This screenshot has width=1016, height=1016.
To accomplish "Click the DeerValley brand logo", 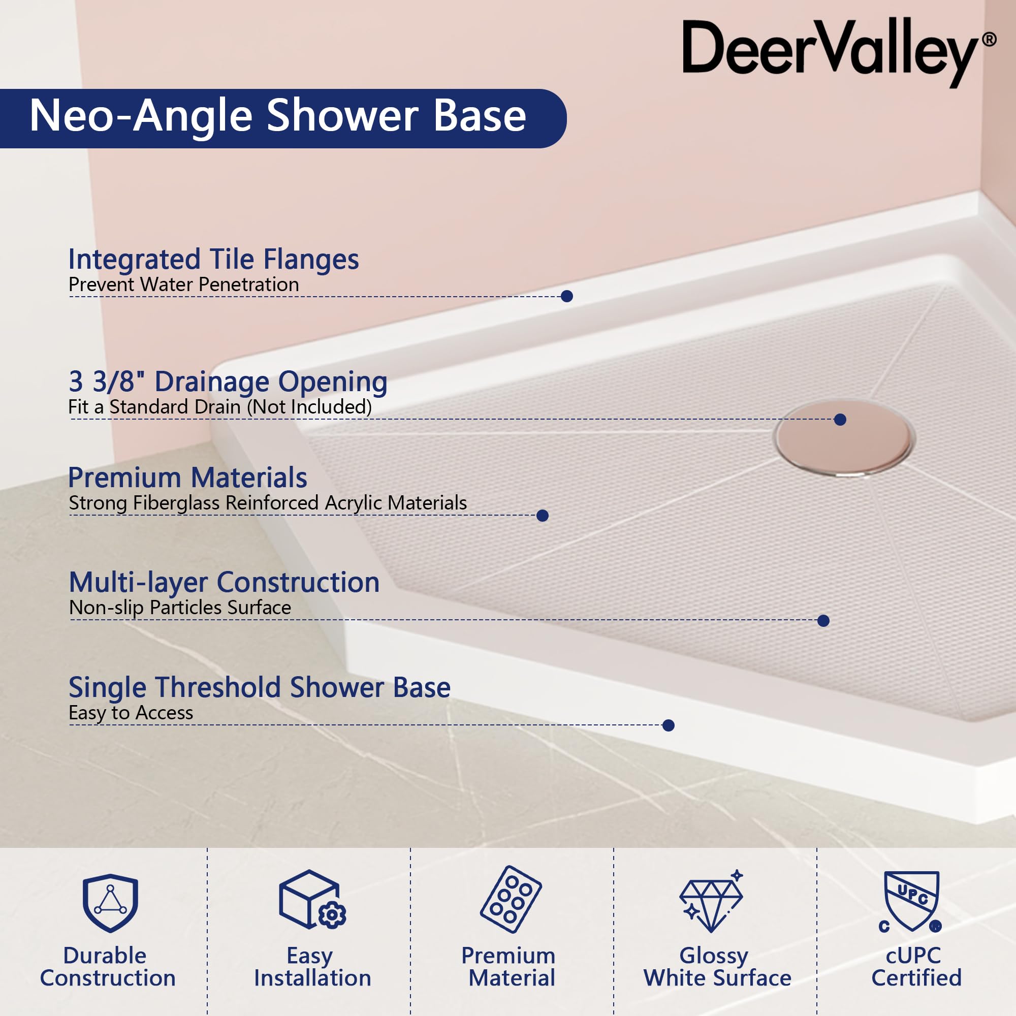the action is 838,53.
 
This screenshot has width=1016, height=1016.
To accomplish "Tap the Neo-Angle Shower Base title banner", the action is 283,118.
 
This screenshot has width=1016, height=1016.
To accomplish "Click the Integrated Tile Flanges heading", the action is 213,260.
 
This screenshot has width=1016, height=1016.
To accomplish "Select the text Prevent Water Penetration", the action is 183,284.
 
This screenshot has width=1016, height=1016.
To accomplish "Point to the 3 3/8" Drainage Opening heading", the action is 228,382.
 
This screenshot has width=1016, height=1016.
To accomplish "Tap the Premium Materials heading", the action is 188,478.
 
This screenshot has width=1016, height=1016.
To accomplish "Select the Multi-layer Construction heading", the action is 224,583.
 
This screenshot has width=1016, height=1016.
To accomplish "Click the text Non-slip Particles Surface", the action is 180,608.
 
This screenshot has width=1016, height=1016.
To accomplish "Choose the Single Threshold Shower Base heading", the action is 260,687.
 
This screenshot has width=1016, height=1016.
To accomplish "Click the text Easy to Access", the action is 131,713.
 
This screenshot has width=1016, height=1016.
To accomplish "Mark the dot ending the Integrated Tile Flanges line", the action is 567,296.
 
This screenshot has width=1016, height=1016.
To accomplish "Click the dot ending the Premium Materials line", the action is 543,515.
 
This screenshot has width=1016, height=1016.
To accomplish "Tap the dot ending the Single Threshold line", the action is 669,726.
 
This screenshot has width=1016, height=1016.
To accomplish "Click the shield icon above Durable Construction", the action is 110,903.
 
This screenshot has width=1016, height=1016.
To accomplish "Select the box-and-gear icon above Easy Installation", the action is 312,900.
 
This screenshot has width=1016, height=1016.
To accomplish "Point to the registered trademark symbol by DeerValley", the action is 989,40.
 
